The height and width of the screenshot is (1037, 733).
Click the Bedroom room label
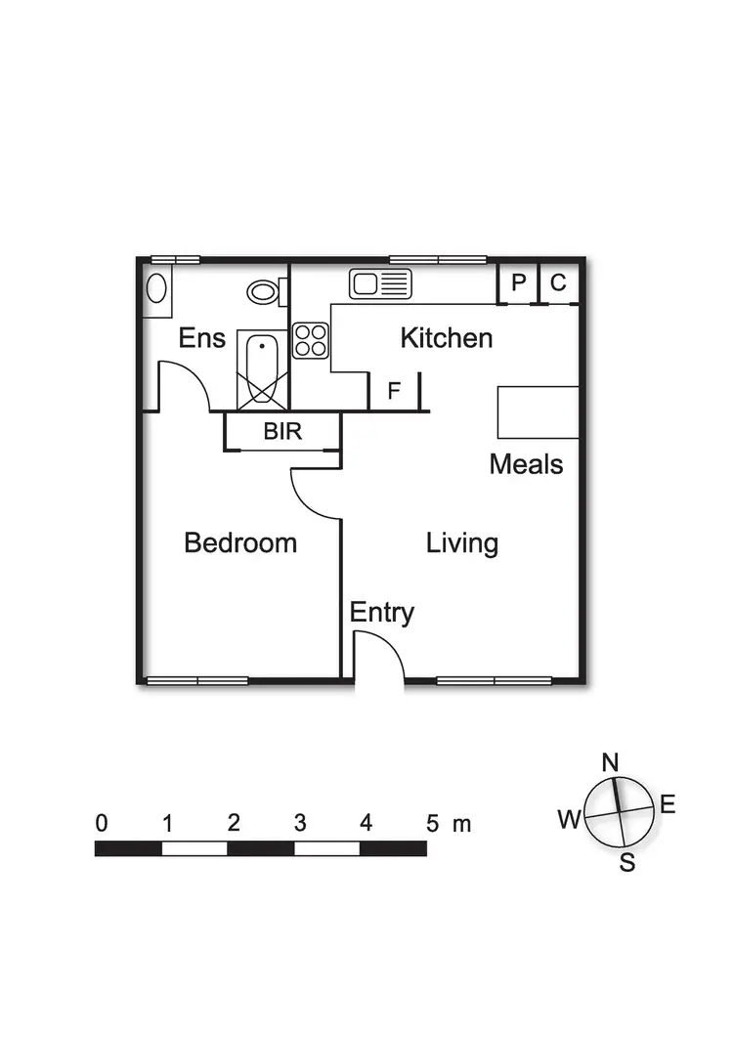click(x=240, y=543)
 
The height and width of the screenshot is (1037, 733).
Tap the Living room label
click(x=462, y=543)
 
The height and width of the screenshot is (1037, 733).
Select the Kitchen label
click(x=447, y=339)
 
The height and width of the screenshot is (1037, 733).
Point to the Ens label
click(x=202, y=339)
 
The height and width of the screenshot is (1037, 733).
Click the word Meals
click(x=527, y=463)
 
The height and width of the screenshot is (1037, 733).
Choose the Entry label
click(x=382, y=613)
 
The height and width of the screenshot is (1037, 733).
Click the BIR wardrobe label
click(x=282, y=431)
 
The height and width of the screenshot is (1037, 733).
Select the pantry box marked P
click(x=519, y=283)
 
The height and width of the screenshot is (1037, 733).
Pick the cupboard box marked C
click(x=558, y=283)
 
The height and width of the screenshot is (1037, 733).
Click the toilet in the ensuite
click(x=265, y=290)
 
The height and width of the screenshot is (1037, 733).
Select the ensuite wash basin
click(x=155, y=288)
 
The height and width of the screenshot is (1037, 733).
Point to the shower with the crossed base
click(x=262, y=370)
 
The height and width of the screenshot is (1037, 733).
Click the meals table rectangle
click(x=539, y=412)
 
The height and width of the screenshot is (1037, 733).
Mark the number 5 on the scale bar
click(x=432, y=823)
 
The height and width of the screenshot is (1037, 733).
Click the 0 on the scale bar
click(x=102, y=823)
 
